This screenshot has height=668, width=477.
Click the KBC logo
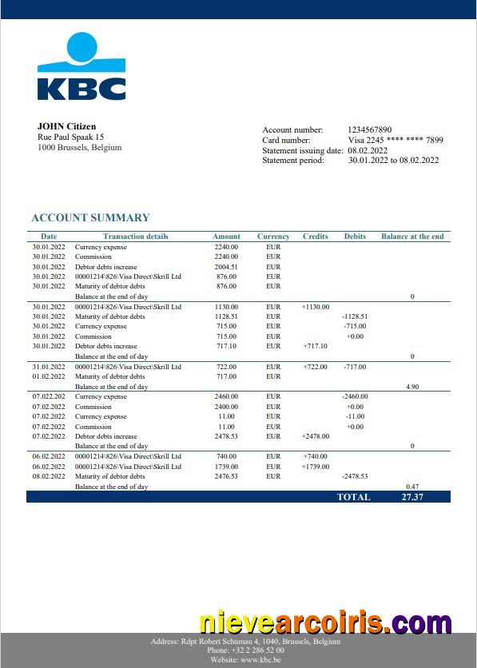81,67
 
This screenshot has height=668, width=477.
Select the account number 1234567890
370,129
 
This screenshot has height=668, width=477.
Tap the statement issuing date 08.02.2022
368,150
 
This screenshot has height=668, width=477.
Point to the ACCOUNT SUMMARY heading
90,217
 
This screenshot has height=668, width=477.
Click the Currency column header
273,237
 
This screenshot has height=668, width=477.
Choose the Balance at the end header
412,237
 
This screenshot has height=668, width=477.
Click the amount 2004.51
227,267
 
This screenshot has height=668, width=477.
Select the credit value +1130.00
316,307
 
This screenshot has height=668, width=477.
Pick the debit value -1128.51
355,316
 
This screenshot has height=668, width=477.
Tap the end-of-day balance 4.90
412,386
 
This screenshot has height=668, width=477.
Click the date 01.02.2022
49,376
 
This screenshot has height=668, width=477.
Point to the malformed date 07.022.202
49,396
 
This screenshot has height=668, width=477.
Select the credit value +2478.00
316,436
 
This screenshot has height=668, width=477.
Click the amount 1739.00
227,467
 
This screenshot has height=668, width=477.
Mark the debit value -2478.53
355,476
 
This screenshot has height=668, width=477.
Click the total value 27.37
413,496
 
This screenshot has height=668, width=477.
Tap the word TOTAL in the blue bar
353,496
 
